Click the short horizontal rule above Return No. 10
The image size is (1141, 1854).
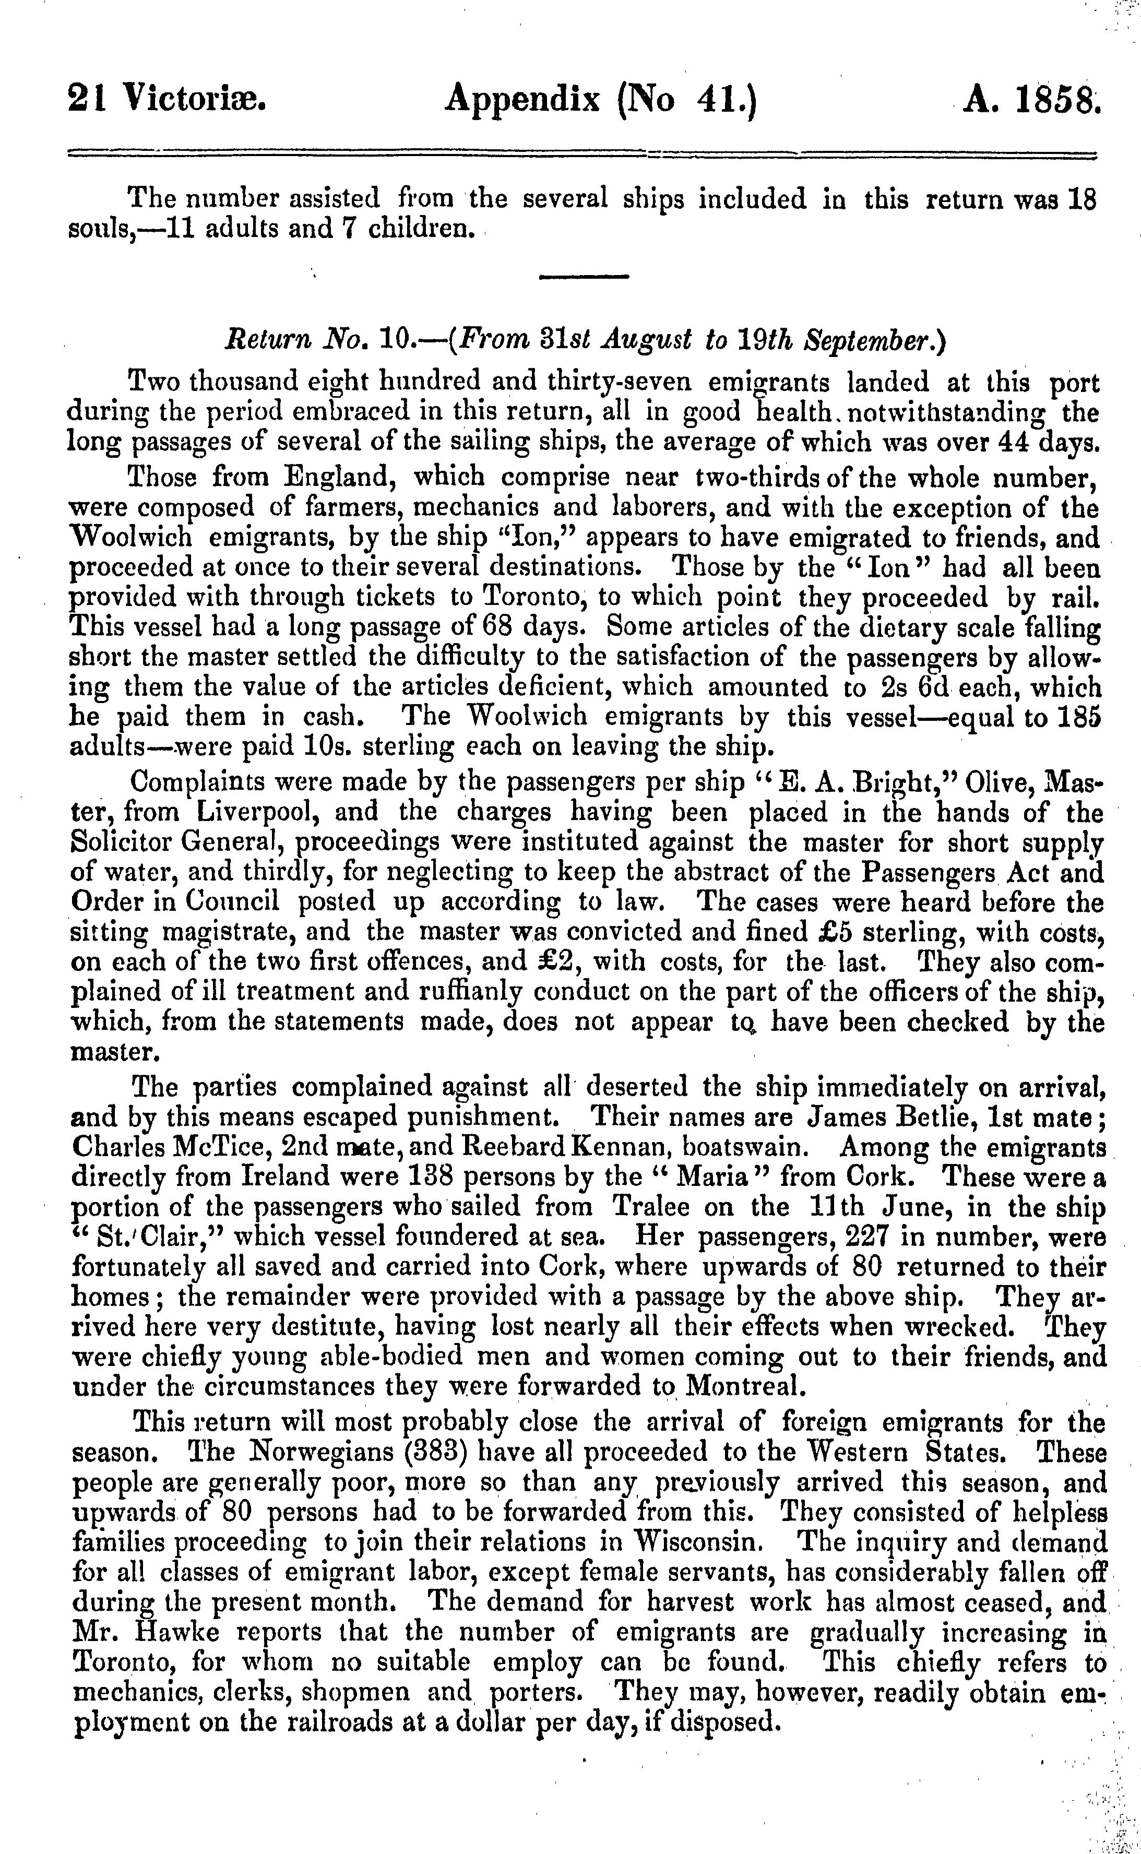point(584,277)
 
